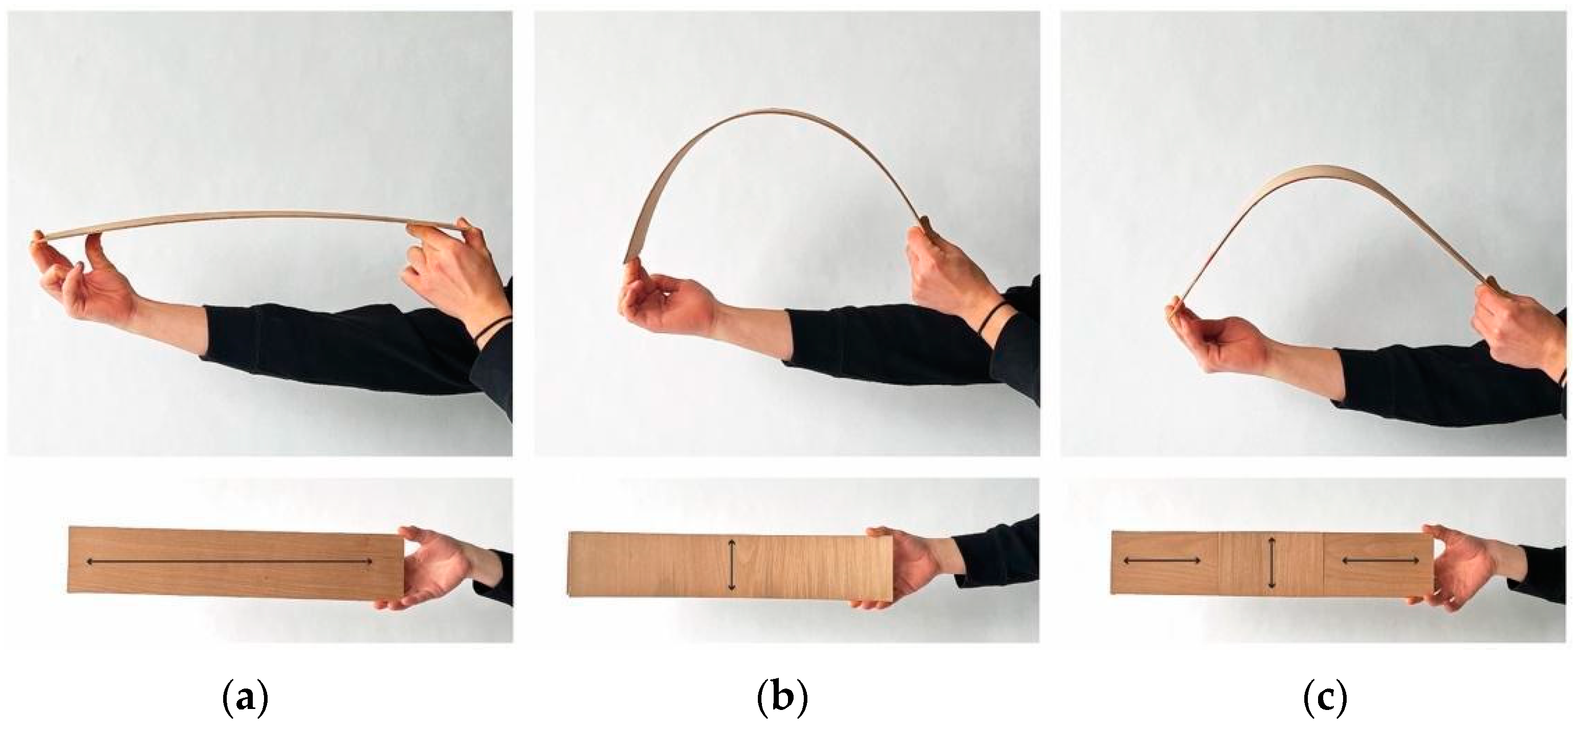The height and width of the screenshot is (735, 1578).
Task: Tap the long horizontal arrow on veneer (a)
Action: (229, 561)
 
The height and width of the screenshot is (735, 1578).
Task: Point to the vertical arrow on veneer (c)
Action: (1272, 564)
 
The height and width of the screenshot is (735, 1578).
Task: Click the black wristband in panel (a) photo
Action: (494, 328)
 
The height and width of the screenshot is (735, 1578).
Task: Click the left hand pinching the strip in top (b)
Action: (664, 300)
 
